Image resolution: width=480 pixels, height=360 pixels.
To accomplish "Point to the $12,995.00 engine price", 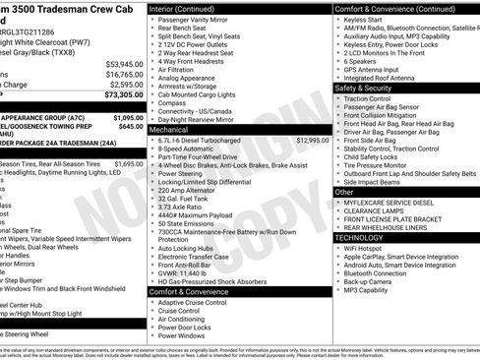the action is pos(310,141).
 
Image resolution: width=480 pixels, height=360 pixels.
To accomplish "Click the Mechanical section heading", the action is pos(169,129).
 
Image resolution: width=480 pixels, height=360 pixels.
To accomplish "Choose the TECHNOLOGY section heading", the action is pos(360,237).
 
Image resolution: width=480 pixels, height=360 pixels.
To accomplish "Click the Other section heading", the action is pos(344,192).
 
